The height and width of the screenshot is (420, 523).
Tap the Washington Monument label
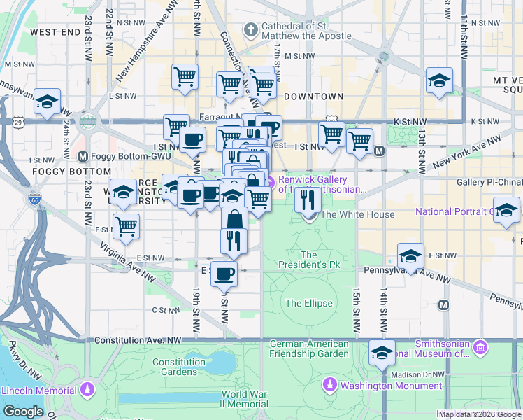click(x=391, y=386)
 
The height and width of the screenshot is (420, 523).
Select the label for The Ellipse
click(x=308, y=303)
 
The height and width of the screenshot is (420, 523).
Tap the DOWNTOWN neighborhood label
click(x=313, y=97)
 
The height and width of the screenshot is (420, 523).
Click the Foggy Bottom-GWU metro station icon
click(x=83, y=156)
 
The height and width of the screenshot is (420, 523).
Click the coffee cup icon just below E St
click(x=224, y=274)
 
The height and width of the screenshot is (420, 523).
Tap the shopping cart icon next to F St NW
click(x=126, y=225)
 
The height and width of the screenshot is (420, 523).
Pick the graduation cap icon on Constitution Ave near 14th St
click(x=382, y=353)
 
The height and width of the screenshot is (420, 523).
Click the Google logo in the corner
click(x=23, y=412)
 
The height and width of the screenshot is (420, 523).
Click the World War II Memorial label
click(x=245, y=399)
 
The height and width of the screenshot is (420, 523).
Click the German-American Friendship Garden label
click(x=308, y=349)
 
